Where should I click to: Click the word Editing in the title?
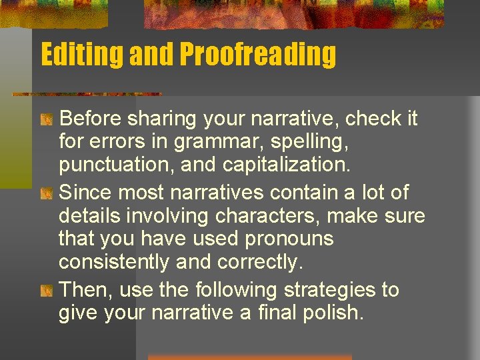[81, 55]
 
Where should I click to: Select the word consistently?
[114, 262]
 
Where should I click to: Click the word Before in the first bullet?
[89, 119]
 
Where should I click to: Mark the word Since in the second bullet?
[85, 193]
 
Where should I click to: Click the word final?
[279, 312]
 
